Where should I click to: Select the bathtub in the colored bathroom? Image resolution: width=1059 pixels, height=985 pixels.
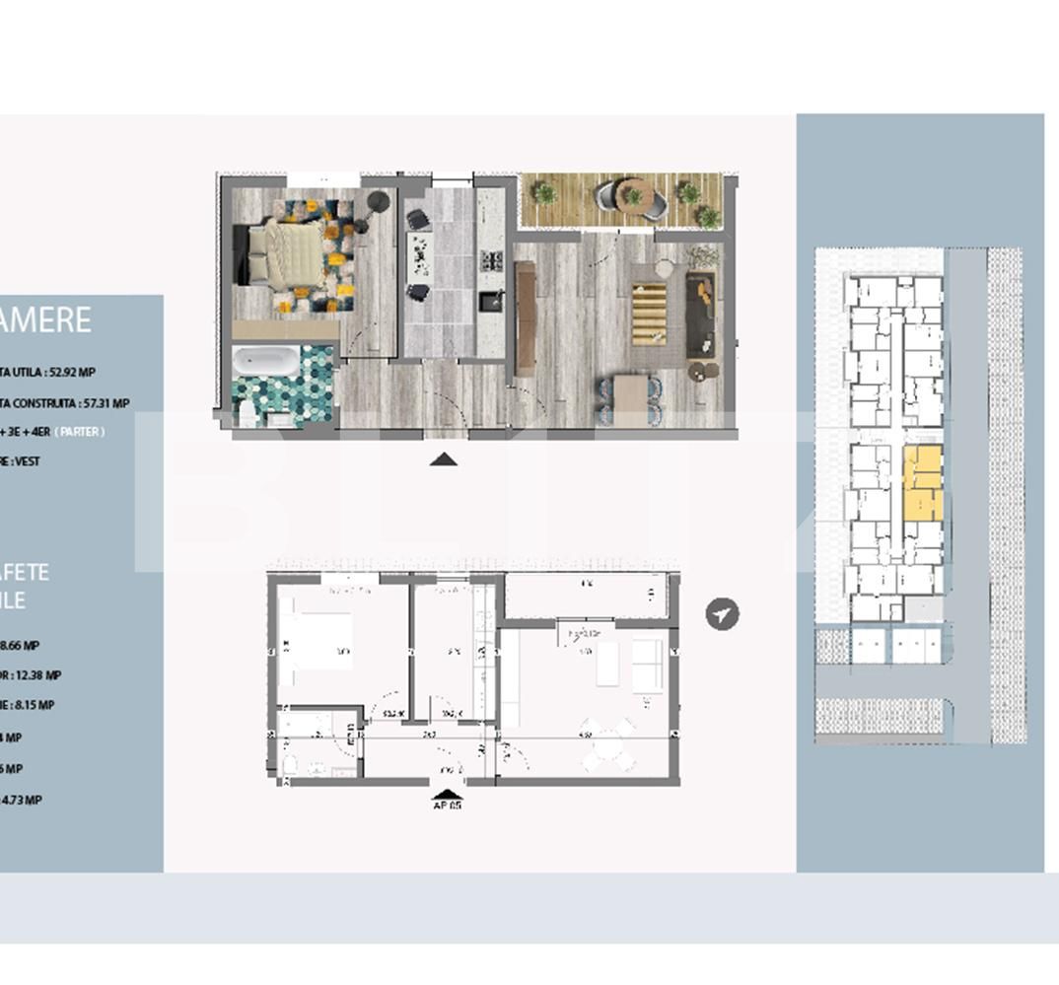click(x=266, y=362)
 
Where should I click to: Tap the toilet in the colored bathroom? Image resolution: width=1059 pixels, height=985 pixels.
click(x=247, y=414)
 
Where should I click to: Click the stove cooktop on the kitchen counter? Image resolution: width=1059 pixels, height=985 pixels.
click(x=490, y=261)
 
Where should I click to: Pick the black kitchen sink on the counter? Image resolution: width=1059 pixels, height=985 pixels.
click(x=490, y=300)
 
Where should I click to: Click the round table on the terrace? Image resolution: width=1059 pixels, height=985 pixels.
click(x=634, y=193)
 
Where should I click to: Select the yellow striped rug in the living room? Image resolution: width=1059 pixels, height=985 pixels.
click(x=648, y=314)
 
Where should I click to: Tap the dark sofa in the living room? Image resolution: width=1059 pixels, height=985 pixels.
click(x=701, y=314)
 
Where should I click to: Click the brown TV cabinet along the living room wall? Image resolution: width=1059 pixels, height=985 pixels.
click(x=525, y=317)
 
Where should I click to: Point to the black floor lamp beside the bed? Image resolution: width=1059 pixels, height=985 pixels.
click(x=378, y=202)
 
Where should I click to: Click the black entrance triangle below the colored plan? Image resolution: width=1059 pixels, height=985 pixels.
click(x=444, y=458)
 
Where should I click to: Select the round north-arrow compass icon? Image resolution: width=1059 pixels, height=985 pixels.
click(x=723, y=613)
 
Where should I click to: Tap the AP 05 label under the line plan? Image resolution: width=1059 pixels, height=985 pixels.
click(x=447, y=805)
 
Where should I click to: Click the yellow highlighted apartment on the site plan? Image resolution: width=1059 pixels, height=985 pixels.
click(x=923, y=483)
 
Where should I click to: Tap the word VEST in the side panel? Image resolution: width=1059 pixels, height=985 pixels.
click(x=28, y=460)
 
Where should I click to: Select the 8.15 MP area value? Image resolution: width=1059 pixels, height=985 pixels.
click(x=35, y=705)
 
